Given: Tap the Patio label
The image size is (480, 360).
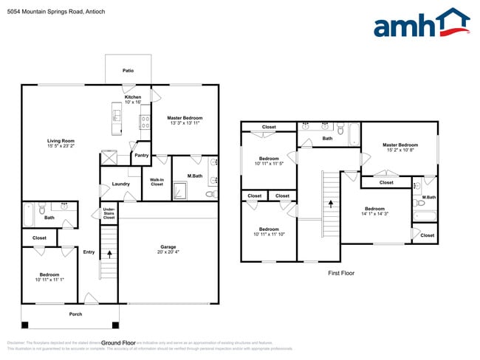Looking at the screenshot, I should pyautogui.click(x=128, y=71).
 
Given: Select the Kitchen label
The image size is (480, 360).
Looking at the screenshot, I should pyautogui.click(x=133, y=97).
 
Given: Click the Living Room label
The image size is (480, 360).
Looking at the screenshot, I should pyautogui.click(x=61, y=141).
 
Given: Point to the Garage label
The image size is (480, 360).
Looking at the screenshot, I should pyautogui.click(x=168, y=246).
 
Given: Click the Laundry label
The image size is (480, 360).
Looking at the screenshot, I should pyautogui.click(x=121, y=184).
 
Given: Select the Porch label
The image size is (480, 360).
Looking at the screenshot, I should pyautogui.click(x=75, y=314).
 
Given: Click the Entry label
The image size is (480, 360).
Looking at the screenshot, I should pyautogui.click(x=89, y=252).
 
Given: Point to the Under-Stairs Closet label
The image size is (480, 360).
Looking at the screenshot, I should pyautogui.click(x=109, y=213).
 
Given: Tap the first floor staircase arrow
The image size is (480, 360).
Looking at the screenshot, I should pyautogui.click(x=331, y=201).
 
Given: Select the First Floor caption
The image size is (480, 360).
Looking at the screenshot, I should pyautogui.click(x=341, y=273).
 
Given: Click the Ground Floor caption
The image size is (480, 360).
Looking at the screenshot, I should pyautogui.click(x=118, y=343).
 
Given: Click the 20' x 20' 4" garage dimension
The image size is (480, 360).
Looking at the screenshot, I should pyautogui.click(x=168, y=252).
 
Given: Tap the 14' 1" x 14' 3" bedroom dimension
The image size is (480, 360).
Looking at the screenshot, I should pyautogui.click(x=374, y=214).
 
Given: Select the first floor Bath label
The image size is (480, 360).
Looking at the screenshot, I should pyautogui.click(x=327, y=138).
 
